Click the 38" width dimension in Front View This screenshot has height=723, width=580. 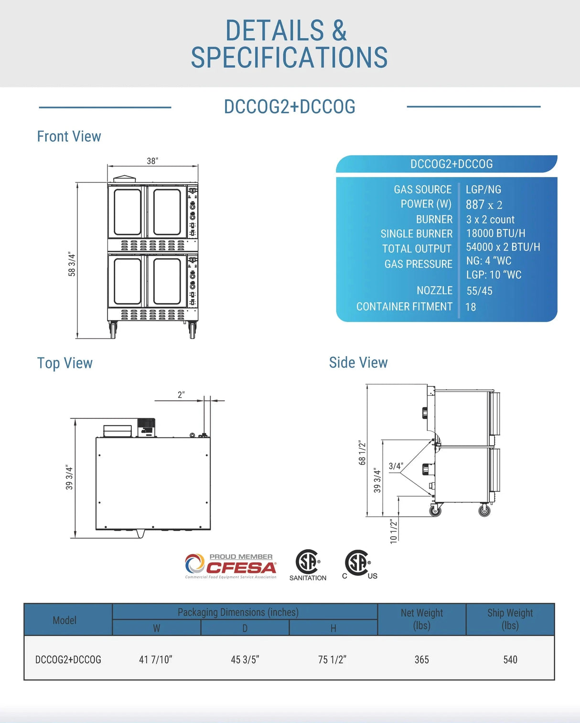(x=152, y=161)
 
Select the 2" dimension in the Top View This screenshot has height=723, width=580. (x=181, y=395)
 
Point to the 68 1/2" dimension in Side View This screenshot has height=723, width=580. (x=362, y=453)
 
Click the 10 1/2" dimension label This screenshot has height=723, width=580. (x=393, y=531)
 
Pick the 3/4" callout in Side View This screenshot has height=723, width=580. (x=396, y=466)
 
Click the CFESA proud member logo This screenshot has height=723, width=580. (x=231, y=566)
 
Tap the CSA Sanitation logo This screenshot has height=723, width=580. (x=308, y=565)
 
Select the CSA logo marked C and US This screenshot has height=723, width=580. (x=359, y=564)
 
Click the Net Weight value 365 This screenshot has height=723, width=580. (x=421, y=659)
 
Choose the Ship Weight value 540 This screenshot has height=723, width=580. (x=510, y=659)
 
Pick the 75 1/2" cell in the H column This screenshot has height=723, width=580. (x=332, y=659)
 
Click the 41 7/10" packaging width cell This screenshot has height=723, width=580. (x=156, y=659)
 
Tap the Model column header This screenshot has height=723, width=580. (x=64, y=620)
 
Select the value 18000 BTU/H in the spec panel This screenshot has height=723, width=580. (x=495, y=233)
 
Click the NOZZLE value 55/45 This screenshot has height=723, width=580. (x=479, y=291)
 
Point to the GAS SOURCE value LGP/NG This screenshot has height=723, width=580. (x=483, y=190)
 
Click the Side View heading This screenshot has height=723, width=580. (x=358, y=362)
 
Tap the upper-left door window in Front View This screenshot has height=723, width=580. (x=127, y=212)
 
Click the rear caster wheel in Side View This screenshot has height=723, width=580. (x=435, y=510)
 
